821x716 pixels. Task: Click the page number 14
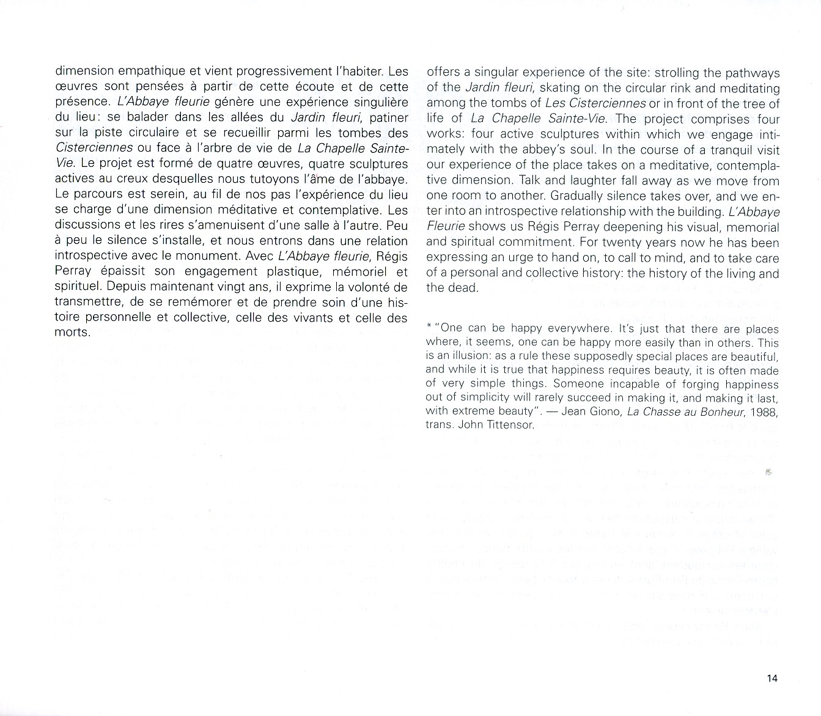[772, 678]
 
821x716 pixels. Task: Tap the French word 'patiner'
[387, 117]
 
